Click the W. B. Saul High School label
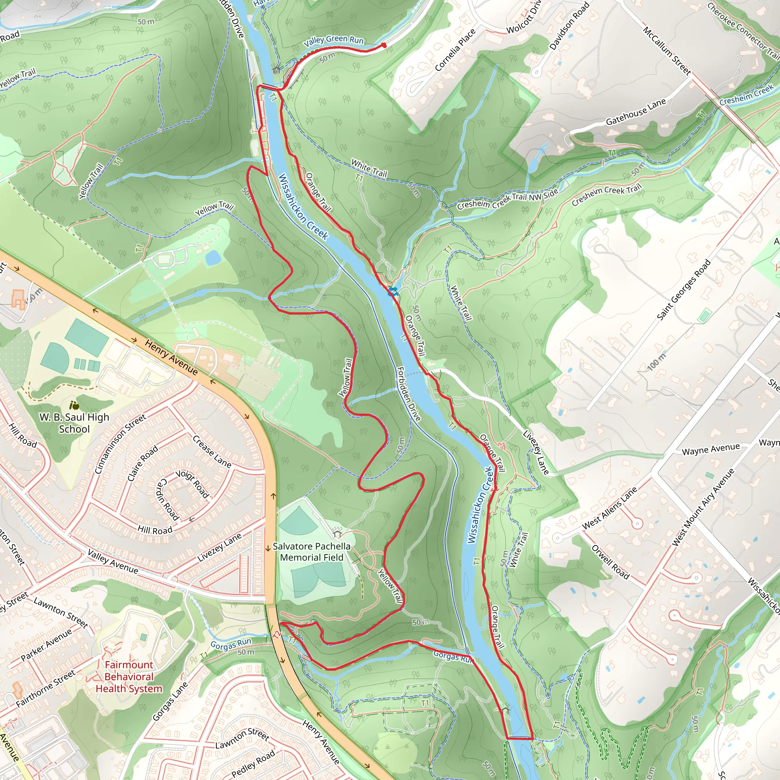(74, 423)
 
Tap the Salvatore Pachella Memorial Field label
(311, 551)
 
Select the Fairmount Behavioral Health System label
(129, 677)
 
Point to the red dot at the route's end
(384, 46)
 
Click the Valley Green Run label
(334, 40)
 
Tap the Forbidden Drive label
(409, 394)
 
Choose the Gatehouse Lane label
(636, 112)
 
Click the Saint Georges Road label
(683, 290)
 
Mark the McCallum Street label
(667, 51)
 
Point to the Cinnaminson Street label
(120, 444)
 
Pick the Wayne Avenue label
(711, 449)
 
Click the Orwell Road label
(610, 562)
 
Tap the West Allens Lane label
(609, 508)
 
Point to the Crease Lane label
(211, 451)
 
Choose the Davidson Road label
(569, 26)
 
